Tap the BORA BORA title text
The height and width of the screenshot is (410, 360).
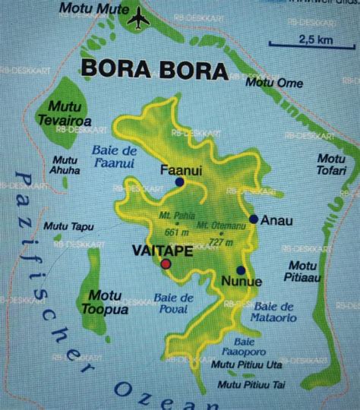(153, 71)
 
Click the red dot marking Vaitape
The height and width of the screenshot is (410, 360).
(166, 263)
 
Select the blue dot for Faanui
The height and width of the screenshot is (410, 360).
(179, 183)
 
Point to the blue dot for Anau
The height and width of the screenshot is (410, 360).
(253, 220)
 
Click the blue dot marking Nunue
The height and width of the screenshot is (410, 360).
(240, 270)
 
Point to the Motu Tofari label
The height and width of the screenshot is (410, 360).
(332, 163)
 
